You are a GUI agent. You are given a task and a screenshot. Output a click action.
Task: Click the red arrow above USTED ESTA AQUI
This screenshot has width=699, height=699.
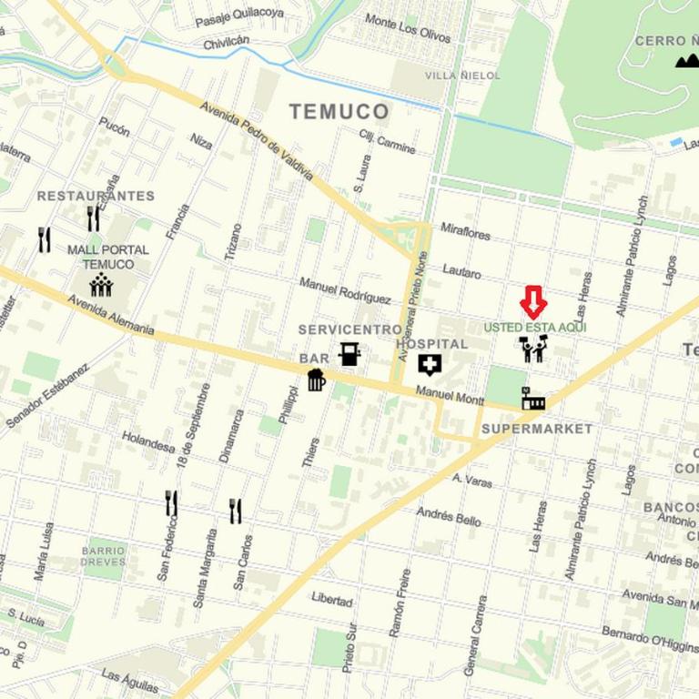533,302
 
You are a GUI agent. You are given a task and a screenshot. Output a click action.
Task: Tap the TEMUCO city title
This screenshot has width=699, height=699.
339,112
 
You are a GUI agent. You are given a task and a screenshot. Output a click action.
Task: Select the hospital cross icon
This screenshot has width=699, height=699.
429,365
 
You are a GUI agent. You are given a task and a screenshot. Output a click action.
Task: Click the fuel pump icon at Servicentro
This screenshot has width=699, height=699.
349,354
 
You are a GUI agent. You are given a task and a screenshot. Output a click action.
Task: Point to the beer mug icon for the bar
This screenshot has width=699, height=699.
316,379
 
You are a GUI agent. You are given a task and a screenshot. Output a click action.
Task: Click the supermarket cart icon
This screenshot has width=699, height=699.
532,399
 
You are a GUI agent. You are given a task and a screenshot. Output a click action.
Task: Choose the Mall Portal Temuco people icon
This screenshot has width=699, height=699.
101,285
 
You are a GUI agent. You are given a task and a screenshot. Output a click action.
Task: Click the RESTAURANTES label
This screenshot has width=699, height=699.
96,196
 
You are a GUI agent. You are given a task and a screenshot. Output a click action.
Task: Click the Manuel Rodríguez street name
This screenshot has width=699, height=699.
345,290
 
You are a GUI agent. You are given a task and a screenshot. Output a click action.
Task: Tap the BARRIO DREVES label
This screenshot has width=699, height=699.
103,556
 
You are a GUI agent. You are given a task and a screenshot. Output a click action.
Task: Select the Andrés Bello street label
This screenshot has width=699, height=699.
449,517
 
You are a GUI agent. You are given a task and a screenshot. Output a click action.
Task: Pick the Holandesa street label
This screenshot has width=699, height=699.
147,441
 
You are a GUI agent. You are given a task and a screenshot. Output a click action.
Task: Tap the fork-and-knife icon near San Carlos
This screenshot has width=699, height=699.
236,511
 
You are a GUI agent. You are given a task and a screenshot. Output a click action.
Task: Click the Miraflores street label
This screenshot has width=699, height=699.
465,233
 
